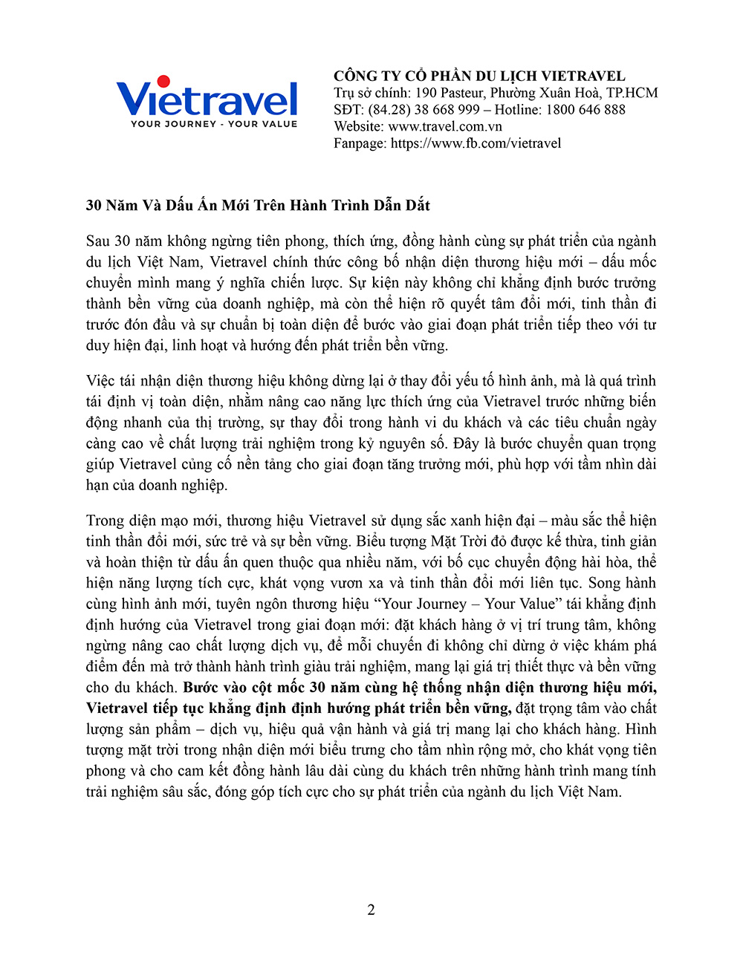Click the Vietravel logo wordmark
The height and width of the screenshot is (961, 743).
[x=207, y=100]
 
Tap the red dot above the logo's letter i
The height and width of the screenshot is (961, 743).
[x=164, y=81]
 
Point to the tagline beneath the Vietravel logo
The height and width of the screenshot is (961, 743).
[x=214, y=124]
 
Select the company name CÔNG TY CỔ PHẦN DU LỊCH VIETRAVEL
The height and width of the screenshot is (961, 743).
[x=479, y=76]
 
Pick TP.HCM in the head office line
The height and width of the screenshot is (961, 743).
[x=632, y=93]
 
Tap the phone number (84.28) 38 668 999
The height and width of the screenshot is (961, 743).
[x=424, y=110]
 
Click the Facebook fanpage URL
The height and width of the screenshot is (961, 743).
[x=476, y=143]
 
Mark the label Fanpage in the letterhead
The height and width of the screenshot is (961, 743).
[x=360, y=143]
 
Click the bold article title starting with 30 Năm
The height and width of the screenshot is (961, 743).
[x=258, y=205]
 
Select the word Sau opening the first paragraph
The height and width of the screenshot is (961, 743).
[x=98, y=241]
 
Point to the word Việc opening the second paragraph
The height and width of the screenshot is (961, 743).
[x=100, y=381]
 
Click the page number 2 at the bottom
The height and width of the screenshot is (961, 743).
[x=371, y=910]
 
